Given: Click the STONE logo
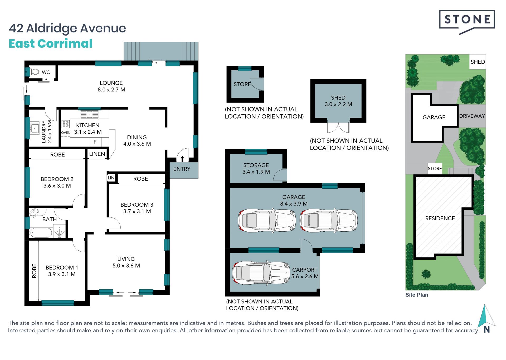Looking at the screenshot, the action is [467, 22].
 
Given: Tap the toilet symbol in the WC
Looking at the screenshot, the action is [35, 72].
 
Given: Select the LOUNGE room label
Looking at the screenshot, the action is [111, 83].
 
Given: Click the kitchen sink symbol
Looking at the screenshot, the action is [90, 114].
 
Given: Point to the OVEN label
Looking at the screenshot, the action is [66, 133].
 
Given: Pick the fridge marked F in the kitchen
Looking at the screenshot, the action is [95, 142].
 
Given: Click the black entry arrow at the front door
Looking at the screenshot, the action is [182, 158].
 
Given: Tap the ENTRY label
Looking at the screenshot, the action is [182, 169].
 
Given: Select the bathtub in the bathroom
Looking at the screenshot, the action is [41, 233].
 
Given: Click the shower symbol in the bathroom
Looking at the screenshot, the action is [59, 231].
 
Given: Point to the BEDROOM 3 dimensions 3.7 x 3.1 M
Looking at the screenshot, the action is [137, 211].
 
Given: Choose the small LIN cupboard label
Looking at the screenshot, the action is [111, 178].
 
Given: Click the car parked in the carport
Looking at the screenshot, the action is [261, 273].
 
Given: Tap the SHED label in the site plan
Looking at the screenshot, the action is [478, 62].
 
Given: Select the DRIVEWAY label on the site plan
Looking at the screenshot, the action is [472, 116].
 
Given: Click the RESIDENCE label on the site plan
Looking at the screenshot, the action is [440, 218].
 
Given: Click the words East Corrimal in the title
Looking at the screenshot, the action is [51, 43].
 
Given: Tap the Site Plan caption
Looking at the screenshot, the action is [417, 295].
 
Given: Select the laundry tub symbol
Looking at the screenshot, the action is [35, 128].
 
